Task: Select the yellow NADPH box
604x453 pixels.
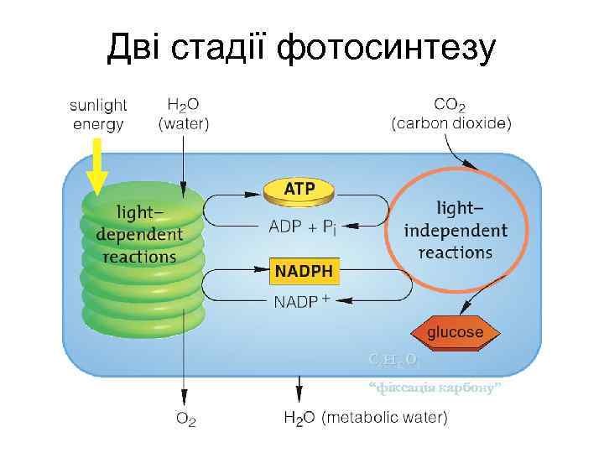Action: (x=304, y=270)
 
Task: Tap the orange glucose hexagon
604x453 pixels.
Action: (x=455, y=332)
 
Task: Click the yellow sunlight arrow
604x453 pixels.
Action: (x=97, y=167)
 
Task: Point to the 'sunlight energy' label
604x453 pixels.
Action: (x=98, y=115)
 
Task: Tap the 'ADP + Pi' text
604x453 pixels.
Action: (x=302, y=226)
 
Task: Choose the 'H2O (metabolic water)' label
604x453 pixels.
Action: (x=366, y=417)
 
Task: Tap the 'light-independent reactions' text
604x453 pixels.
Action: (x=456, y=229)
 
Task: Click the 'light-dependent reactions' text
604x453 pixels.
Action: (x=139, y=232)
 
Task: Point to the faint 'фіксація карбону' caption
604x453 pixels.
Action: (x=435, y=388)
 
